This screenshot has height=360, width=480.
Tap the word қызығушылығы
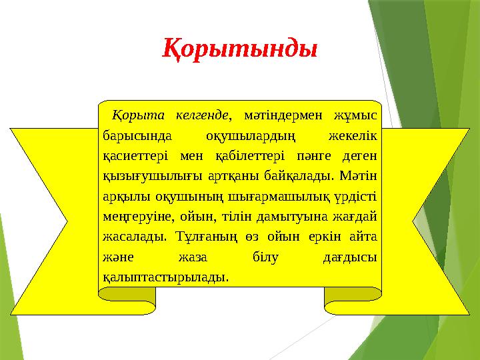[x=145, y=176]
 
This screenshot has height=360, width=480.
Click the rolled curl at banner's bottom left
[x=127, y=300]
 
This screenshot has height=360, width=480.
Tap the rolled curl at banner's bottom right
[x=353, y=300]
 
